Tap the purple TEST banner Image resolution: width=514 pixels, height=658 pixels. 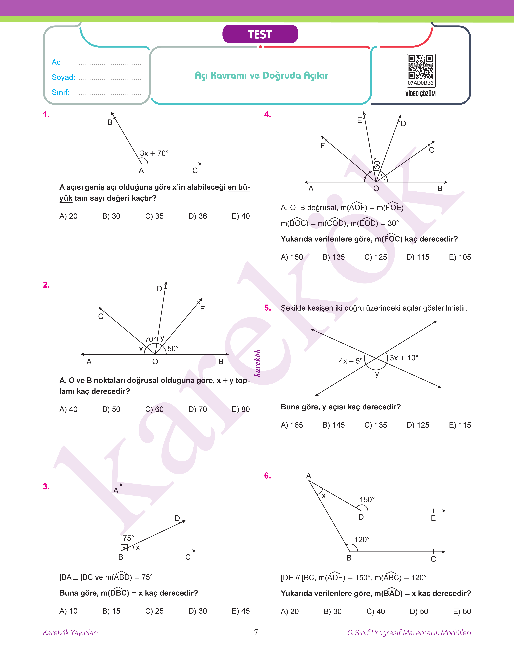tap(260, 34)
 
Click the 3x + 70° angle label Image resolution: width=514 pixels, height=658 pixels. tap(154, 153)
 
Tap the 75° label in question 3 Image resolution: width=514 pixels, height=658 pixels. tap(128, 538)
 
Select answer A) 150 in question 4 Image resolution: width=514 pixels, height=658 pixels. tap(292, 257)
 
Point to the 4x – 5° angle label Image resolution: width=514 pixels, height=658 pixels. tap(351, 361)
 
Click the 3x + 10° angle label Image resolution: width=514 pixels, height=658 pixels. tap(404, 358)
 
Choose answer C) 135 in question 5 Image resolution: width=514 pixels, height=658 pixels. tap(376, 425)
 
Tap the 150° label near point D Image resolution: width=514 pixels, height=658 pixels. tap(367, 499)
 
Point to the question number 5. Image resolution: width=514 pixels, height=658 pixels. tap(267, 308)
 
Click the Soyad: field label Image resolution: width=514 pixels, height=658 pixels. tap(63, 77)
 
